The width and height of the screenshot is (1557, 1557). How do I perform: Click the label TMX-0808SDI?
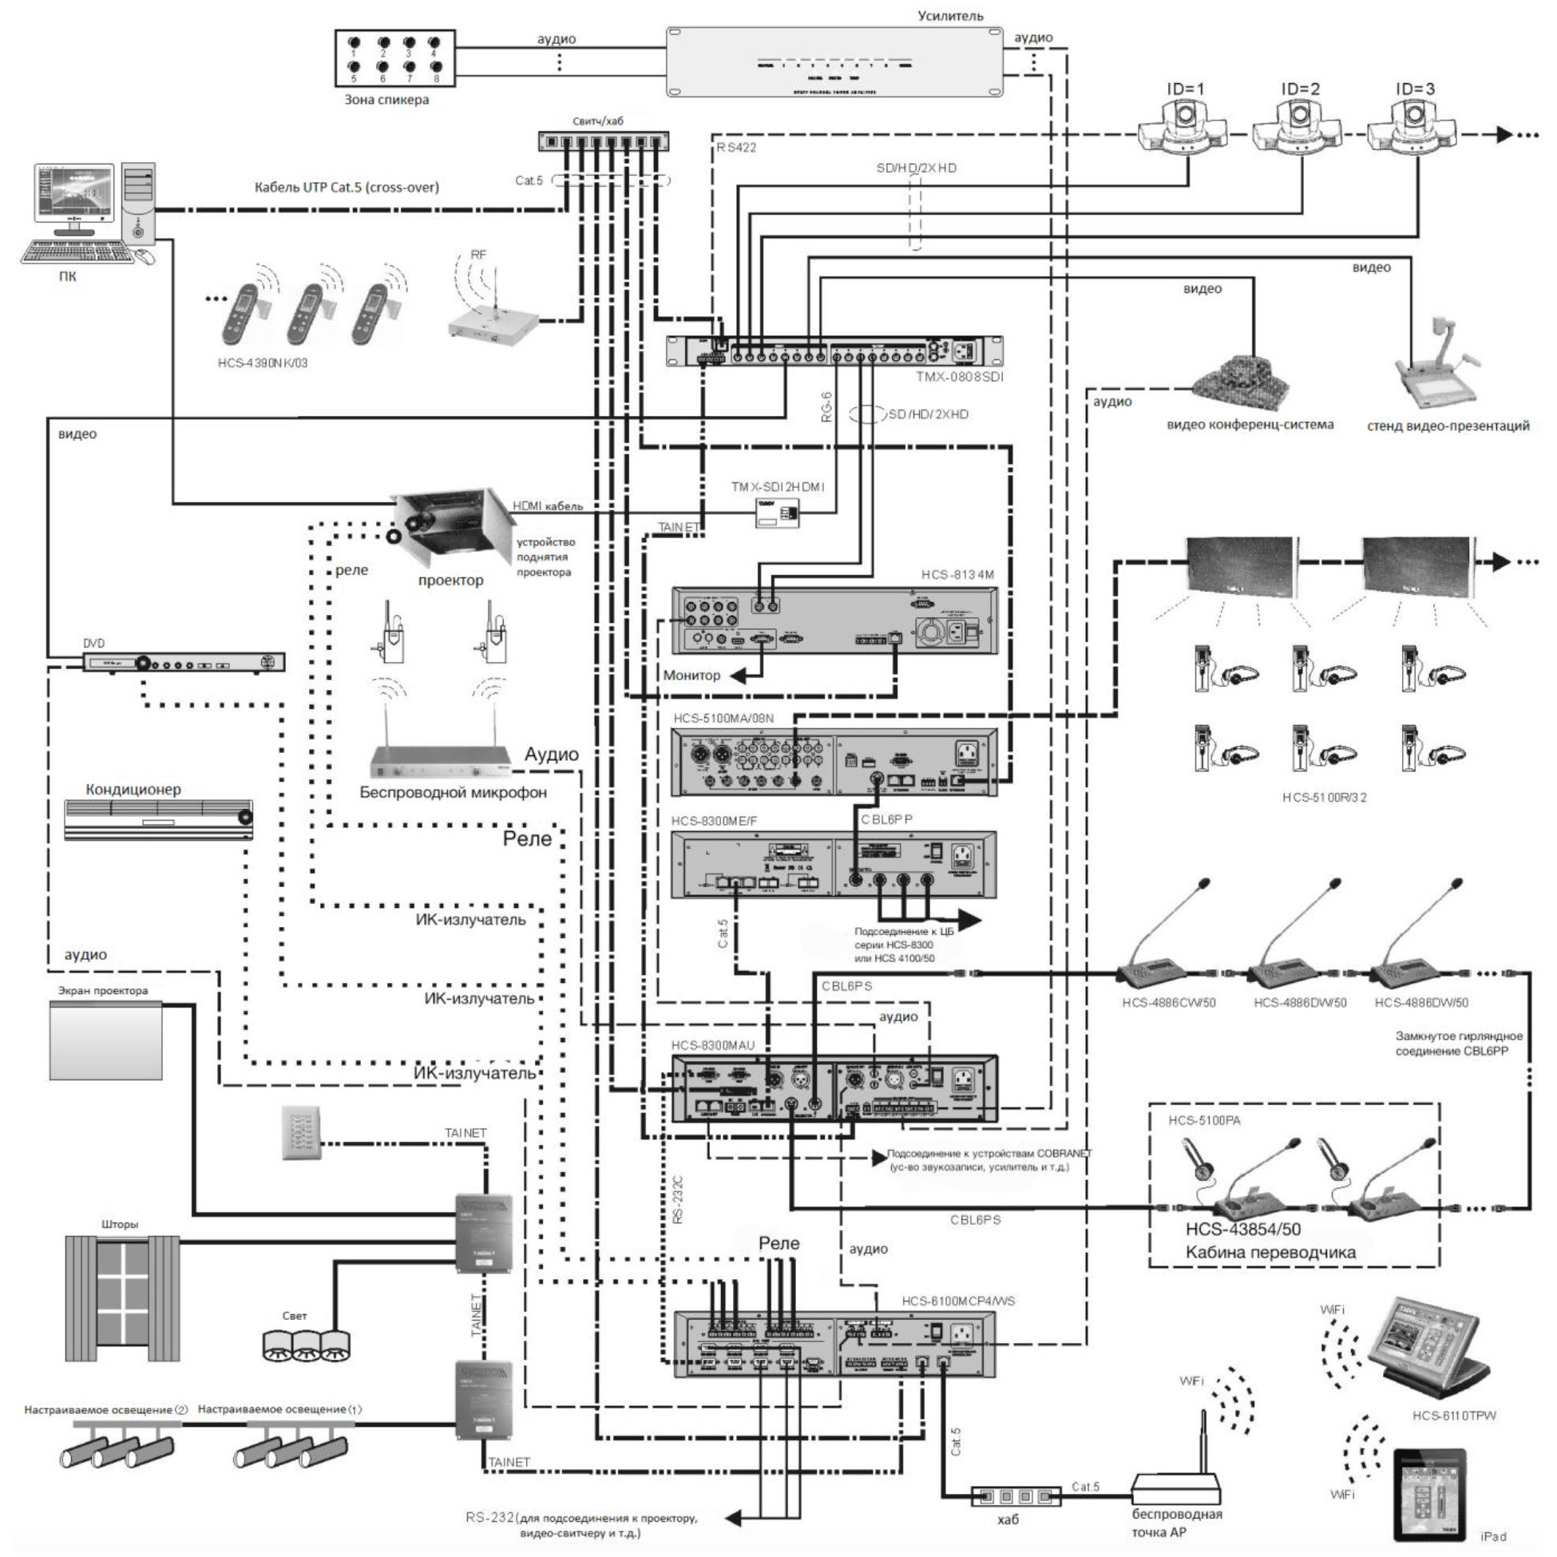coord(959,377)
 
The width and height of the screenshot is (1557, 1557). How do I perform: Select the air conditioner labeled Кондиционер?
coord(159,820)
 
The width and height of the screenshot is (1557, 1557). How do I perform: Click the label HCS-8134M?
coord(957,576)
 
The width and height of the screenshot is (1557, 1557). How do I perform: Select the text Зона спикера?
coord(386,100)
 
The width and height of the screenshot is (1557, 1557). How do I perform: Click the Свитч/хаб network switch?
coord(603,142)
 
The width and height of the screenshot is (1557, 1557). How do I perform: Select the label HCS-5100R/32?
coord(1324,798)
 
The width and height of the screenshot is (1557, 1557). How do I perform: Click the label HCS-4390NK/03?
coord(263,363)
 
